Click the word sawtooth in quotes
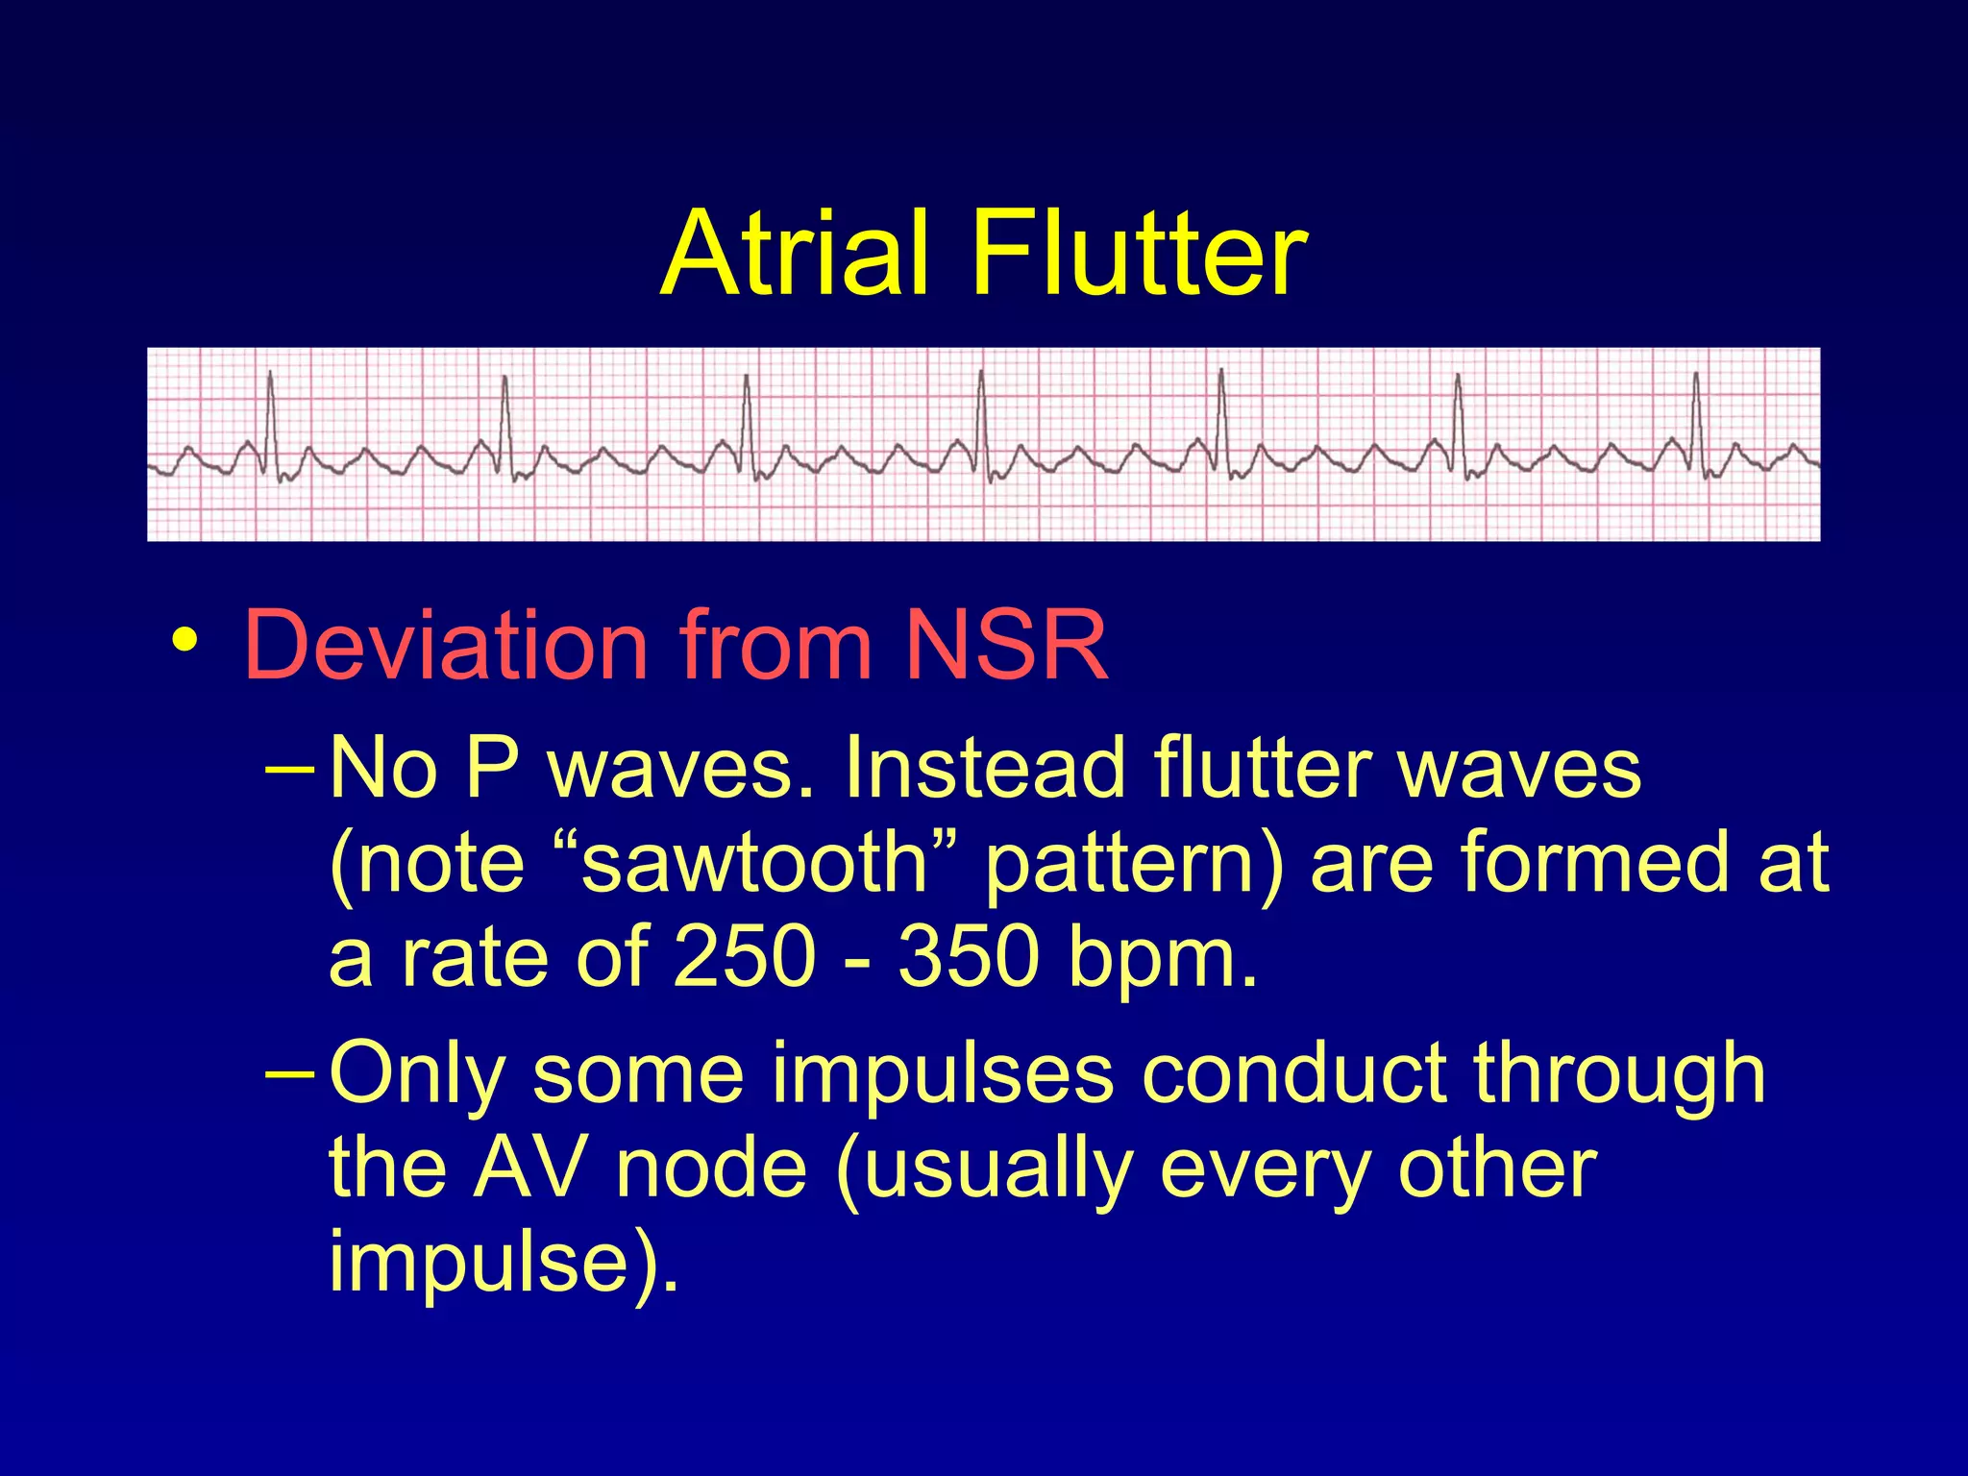[755, 862]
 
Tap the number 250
[744, 957]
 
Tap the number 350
[969, 957]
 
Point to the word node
[711, 1168]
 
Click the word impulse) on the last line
[502, 1265]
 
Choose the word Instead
[985, 769]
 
